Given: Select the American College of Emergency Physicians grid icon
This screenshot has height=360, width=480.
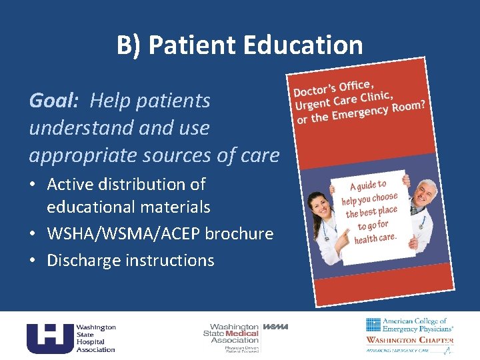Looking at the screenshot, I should [x=373, y=325].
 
